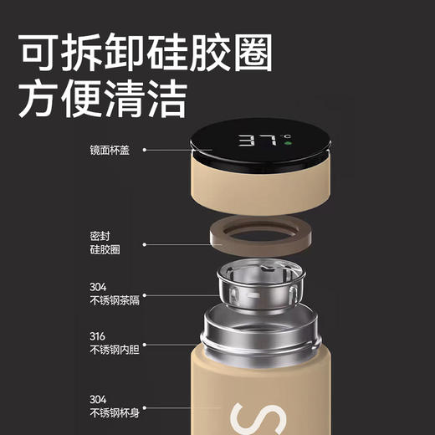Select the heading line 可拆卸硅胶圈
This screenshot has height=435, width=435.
tap(146, 56)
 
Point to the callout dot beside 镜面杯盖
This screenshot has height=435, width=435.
tap(145, 150)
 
